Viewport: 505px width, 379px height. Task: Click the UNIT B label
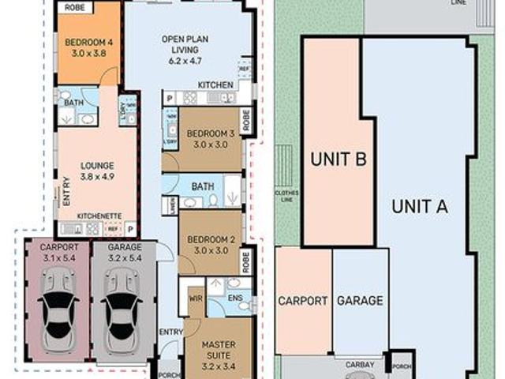coord(339,159)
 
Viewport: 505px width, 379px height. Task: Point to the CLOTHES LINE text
coord(282,195)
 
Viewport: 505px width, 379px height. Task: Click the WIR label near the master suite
coord(196,299)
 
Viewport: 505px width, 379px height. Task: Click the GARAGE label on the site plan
coord(360,301)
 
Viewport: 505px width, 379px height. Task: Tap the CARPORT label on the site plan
coord(302,301)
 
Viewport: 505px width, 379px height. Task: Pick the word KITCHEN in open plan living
coord(215,85)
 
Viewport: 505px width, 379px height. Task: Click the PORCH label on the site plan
coord(402,366)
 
